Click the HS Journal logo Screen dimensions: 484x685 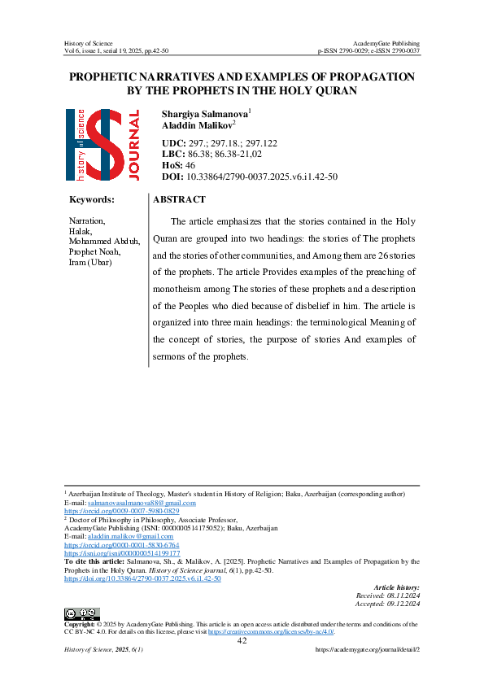pos(102,144)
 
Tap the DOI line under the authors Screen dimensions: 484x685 pos(249,177)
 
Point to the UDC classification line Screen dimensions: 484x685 pos(220,142)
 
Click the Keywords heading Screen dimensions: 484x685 pos(92,199)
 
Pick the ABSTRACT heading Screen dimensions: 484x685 pos(179,199)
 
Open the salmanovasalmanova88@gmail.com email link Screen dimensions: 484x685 pos(143,504)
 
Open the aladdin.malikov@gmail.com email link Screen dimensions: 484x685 pos(131,537)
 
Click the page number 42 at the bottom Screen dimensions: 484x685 pos(242,641)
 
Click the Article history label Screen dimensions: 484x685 pos(396,587)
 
